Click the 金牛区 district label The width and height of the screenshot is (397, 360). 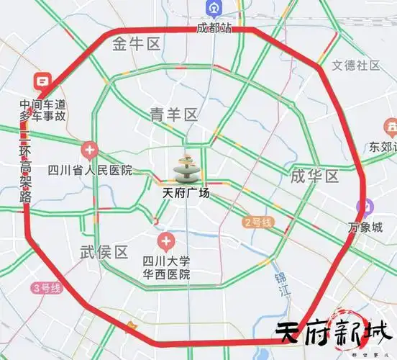click(x=135, y=45)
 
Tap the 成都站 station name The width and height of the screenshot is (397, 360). click(x=214, y=28)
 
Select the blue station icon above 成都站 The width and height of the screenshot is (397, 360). click(x=214, y=8)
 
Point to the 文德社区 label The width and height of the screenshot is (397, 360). click(x=355, y=65)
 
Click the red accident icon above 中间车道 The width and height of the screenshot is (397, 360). click(x=42, y=82)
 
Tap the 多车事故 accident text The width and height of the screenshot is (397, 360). click(x=42, y=115)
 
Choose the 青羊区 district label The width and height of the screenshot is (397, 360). click(x=173, y=114)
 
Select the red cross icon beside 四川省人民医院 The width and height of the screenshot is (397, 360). click(x=89, y=150)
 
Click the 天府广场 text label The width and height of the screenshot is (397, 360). click(x=186, y=193)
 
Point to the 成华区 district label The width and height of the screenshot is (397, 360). click(x=314, y=176)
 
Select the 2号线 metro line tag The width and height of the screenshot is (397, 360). click(x=257, y=222)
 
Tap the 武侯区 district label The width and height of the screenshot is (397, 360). click(x=104, y=252)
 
